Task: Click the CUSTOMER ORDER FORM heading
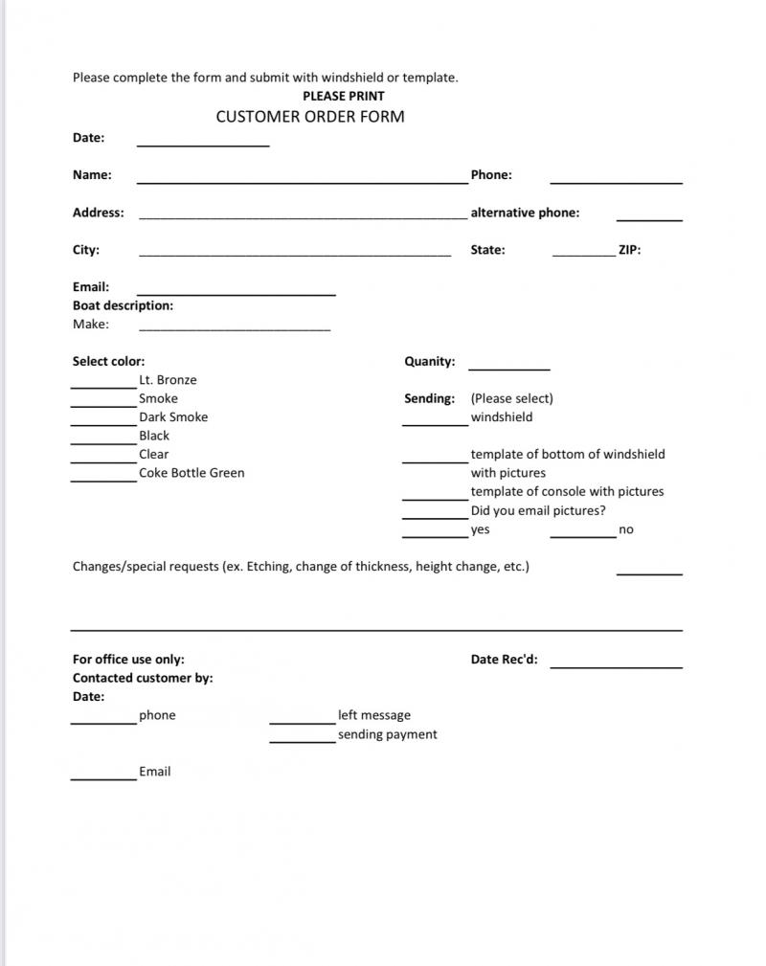(310, 117)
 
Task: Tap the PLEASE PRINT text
(344, 96)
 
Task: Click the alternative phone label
(525, 213)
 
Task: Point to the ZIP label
(629, 250)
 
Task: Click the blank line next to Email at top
(236, 291)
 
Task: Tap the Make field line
(235, 327)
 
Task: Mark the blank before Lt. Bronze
(103, 384)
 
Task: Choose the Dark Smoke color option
(173, 417)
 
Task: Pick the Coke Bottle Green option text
(191, 473)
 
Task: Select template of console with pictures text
(567, 492)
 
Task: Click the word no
(626, 529)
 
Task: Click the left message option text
(373, 715)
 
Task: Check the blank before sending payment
(303, 739)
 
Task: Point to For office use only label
(128, 659)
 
